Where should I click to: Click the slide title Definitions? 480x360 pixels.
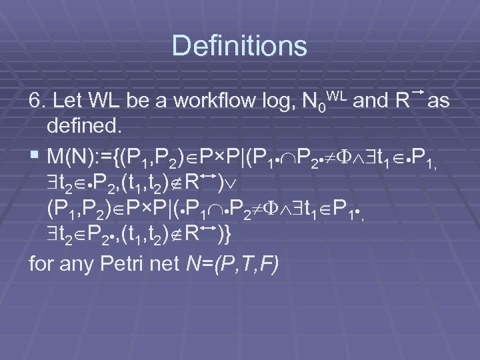239,46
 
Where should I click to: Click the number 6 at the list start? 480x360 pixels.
35,101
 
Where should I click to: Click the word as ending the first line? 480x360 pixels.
438,101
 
